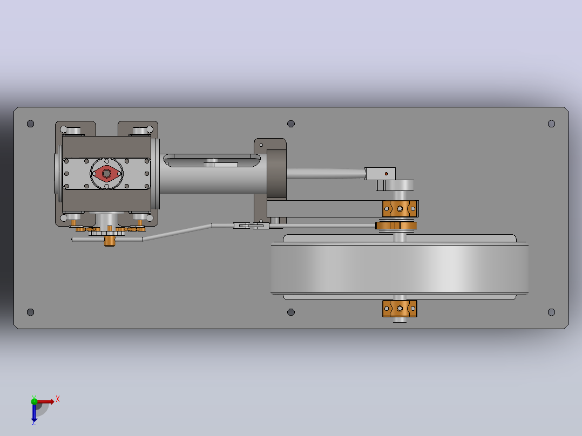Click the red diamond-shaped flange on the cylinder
(x=106, y=173)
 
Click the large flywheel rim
(x=400, y=268)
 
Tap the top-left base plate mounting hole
(x=30, y=124)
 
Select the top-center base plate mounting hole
(x=291, y=124)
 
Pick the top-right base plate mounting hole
(x=552, y=124)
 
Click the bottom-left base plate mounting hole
(x=30, y=312)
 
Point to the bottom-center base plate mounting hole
(x=291, y=312)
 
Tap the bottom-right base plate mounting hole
(x=552, y=312)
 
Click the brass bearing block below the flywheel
(x=400, y=308)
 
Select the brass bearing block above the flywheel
(x=400, y=208)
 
